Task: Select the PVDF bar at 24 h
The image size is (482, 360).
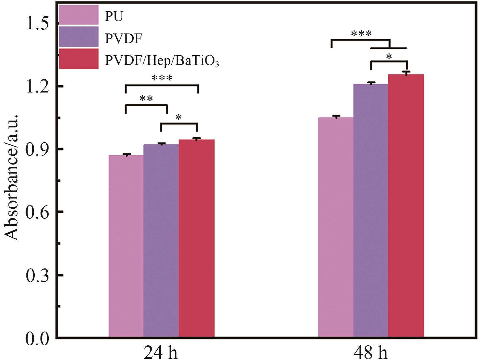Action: coord(161,241)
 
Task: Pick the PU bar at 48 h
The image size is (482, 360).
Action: coord(336,227)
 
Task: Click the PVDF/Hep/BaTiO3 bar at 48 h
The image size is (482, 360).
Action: coord(406,206)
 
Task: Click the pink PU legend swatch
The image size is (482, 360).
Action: coord(78,15)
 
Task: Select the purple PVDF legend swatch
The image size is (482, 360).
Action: coord(78,36)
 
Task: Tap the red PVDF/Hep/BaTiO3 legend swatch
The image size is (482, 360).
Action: coord(78,59)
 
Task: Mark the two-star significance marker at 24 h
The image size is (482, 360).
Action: coord(146,99)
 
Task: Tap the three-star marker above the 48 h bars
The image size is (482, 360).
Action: coord(361,33)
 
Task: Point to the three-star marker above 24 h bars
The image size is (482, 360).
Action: coord(162,78)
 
